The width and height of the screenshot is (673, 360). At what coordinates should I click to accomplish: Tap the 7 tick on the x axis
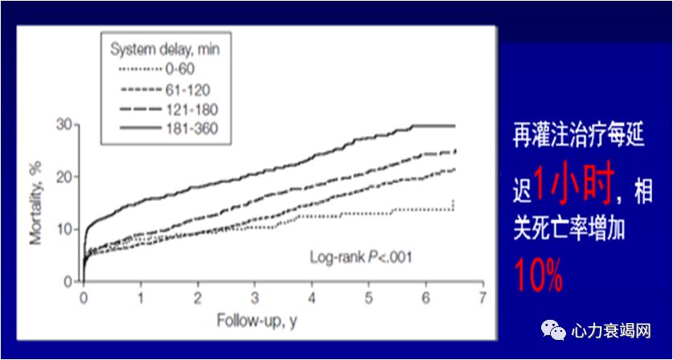pos(482,297)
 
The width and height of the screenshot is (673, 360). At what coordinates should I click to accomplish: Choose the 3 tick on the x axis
pos(255,297)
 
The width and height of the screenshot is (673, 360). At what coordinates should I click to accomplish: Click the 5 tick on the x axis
pos(369,297)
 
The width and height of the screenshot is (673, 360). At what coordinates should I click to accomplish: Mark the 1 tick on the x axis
pos(141,297)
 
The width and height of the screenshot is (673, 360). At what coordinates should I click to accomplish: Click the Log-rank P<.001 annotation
pos(357,258)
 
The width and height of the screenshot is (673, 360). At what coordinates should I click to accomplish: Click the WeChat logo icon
pos(553,330)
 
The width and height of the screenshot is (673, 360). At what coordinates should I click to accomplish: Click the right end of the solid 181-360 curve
pos(454,126)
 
